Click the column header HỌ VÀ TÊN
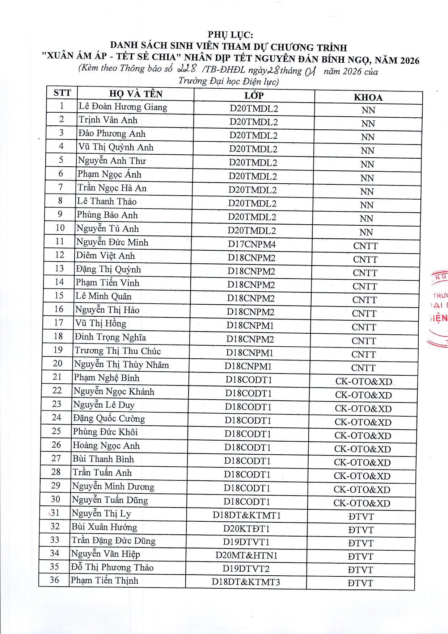(136, 94)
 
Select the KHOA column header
(368, 97)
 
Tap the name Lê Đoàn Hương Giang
(123, 107)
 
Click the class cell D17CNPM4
(252, 245)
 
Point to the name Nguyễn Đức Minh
(112, 242)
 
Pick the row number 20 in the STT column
(58, 363)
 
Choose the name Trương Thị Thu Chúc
(118, 351)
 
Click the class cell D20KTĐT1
(246, 529)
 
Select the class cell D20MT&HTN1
(246, 555)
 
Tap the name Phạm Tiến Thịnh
(105, 580)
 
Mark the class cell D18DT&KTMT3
(246, 582)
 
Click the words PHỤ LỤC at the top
(230, 35)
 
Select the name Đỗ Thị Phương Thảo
(112, 567)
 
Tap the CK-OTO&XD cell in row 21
(364, 381)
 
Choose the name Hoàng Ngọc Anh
(106, 445)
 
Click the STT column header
(62, 93)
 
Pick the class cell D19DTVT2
(246, 569)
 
